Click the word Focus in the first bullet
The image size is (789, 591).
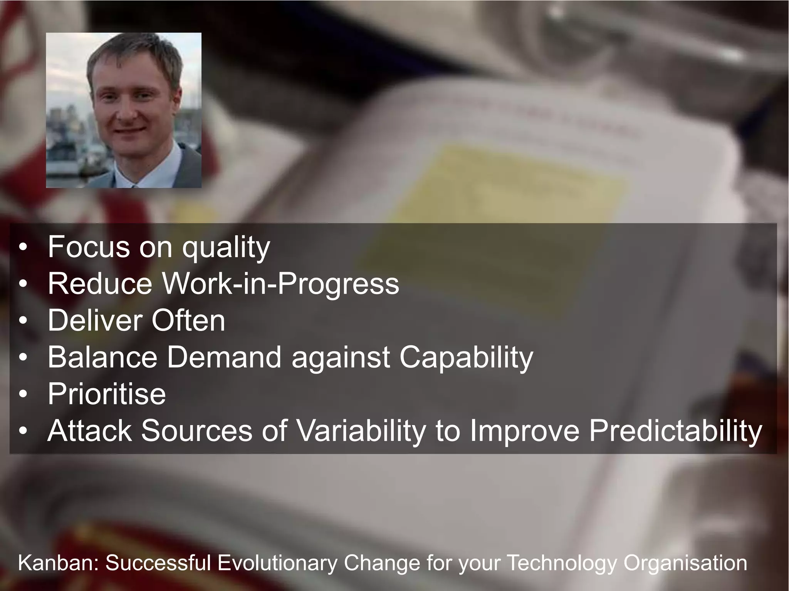(x=89, y=247)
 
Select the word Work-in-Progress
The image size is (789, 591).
(x=280, y=284)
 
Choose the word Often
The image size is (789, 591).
(x=188, y=320)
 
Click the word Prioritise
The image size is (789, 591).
(x=107, y=394)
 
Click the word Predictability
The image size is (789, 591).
(x=676, y=431)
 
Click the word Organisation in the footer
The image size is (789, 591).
(x=685, y=564)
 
